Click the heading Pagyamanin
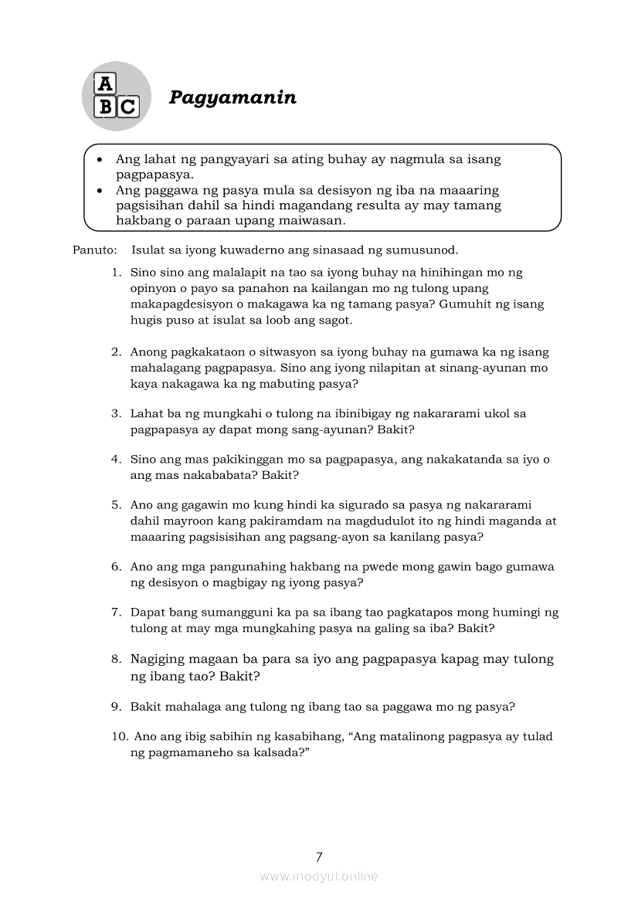click(x=233, y=98)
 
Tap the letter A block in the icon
click(x=104, y=84)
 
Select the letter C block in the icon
click(x=127, y=107)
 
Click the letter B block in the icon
click(x=105, y=107)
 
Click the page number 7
click(x=319, y=857)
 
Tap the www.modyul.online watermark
click(x=319, y=876)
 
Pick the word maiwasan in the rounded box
click(x=313, y=221)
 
